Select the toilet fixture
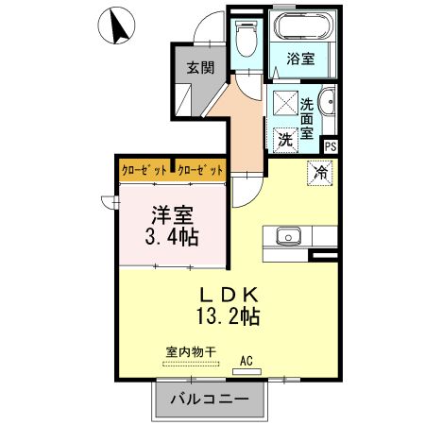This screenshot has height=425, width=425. click(x=248, y=40)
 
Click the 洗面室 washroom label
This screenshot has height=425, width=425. click(x=308, y=120)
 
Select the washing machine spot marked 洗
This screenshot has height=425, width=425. click(x=285, y=139)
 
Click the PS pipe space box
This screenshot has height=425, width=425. click(x=330, y=146)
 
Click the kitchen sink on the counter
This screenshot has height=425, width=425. click(x=285, y=235)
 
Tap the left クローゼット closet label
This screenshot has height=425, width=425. click(x=144, y=170)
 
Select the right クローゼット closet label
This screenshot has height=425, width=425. click(x=200, y=170)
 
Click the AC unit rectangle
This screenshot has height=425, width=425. click(x=246, y=371)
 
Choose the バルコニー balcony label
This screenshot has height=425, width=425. click(x=210, y=399)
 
